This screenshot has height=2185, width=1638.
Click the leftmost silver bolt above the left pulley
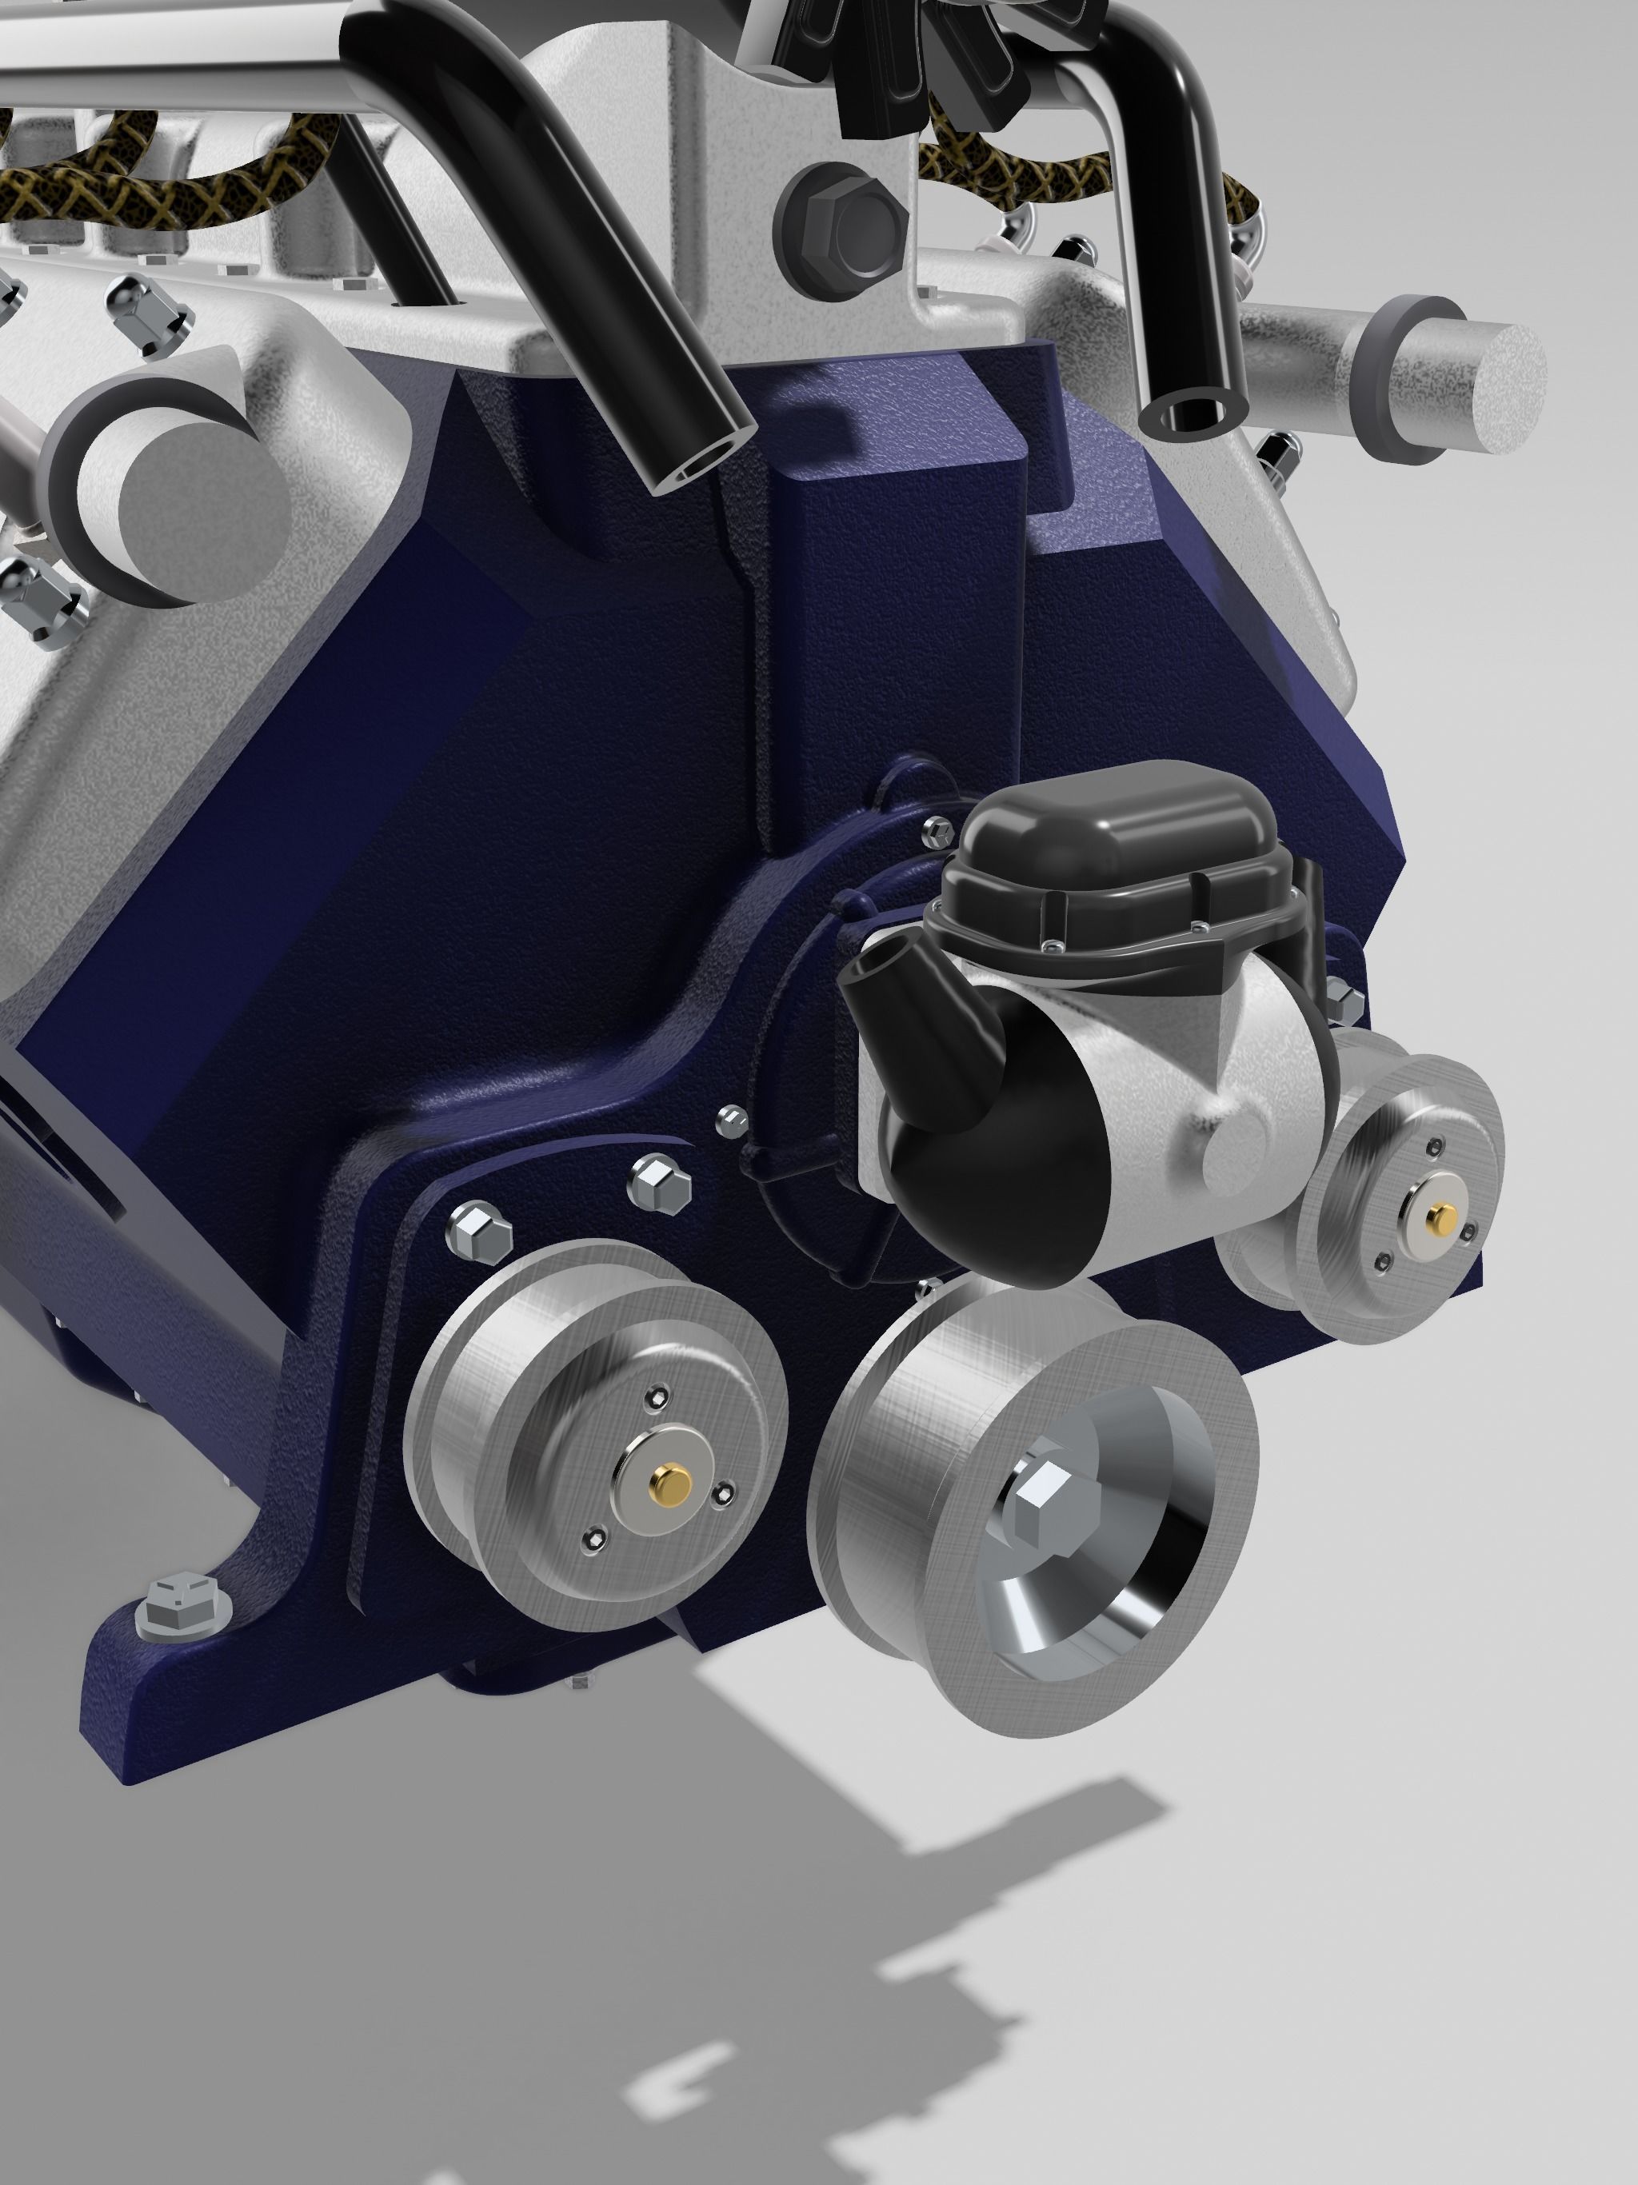pyautogui.click(x=479, y=1232)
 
